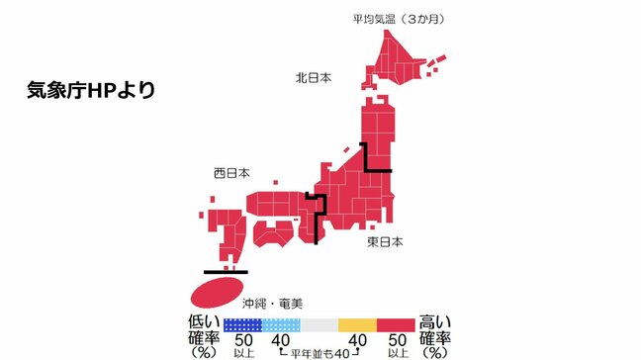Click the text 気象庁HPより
[91, 90]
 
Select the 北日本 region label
[315, 76]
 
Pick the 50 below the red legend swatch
[396, 341]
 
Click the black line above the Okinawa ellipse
[225, 270]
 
